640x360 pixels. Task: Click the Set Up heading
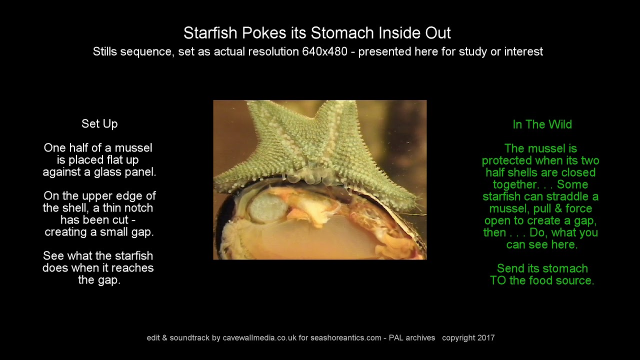pos(99,123)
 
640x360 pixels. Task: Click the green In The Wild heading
pos(542,124)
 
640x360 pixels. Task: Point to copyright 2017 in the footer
pos(468,338)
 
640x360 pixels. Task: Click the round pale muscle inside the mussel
pos(265,207)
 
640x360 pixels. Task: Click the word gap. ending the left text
pos(99,280)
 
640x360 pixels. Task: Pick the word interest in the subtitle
pos(523,51)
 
